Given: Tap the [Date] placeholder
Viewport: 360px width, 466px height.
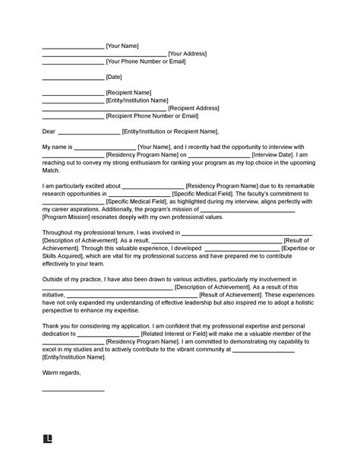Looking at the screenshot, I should pos(114,78).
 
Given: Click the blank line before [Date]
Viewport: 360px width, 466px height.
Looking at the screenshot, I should pos(72,78).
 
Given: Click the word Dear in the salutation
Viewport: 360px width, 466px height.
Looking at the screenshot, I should pos(49,132).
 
